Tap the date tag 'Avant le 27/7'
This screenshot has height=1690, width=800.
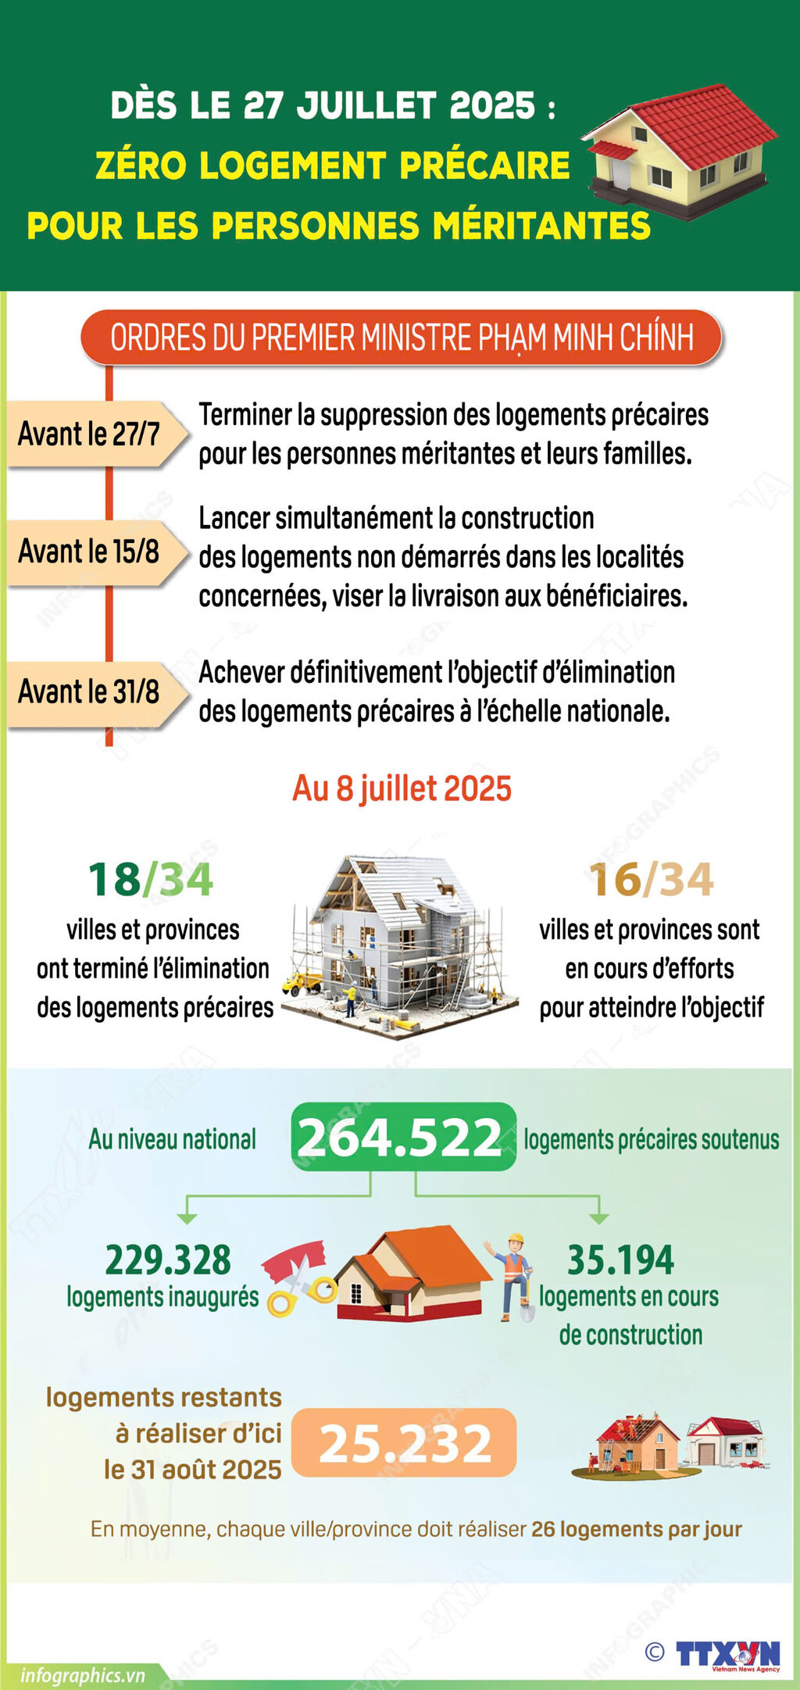pos(91,434)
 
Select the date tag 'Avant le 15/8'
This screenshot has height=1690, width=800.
pos(91,552)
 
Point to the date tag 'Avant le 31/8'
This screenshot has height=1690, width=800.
pos(91,692)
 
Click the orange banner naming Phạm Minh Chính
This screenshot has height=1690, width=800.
pos(402,338)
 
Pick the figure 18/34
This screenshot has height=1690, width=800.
pos(150,880)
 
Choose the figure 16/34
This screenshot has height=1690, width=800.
pos(651,880)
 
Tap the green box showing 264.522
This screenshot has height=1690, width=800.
pos(403,1137)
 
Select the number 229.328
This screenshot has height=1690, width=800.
pos(168,1259)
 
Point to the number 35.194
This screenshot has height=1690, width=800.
pos(620,1259)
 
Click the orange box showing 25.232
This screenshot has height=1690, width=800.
pos(404,1443)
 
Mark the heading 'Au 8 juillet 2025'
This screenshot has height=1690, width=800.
pos(402,788)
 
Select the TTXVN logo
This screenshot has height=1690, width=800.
pos(727,1655)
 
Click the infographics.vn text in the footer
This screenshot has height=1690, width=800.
pos(82,1675)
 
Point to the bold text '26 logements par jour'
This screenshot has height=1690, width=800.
pos(636,1529)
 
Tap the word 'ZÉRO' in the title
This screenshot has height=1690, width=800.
pos(141,166)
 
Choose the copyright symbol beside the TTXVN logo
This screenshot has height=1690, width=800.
pos(655,1652)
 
